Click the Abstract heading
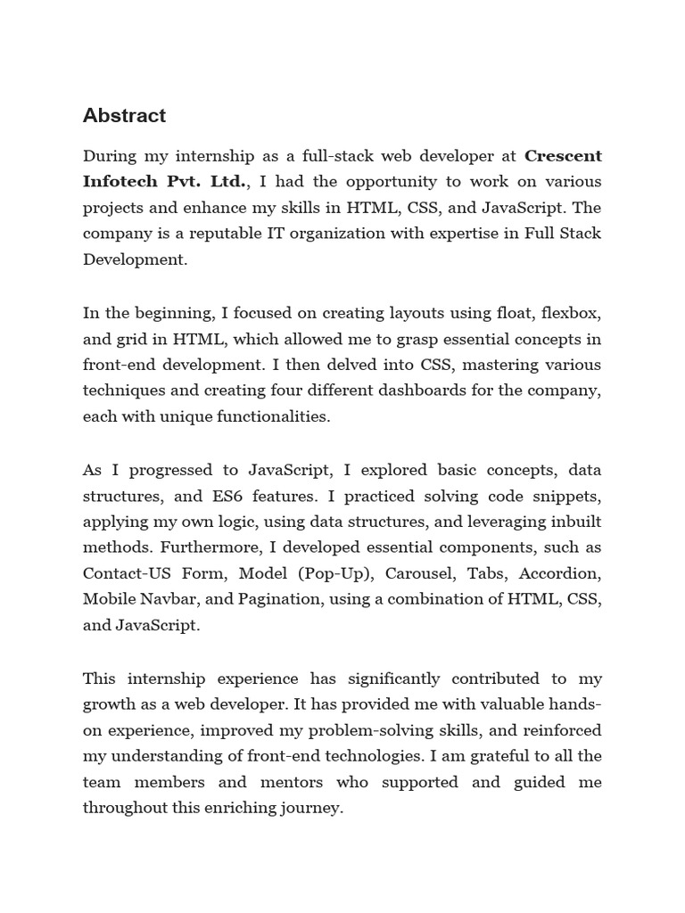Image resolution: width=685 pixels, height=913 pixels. (x=124, y=116)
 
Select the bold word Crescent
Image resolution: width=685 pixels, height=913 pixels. (x=563, y=156)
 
